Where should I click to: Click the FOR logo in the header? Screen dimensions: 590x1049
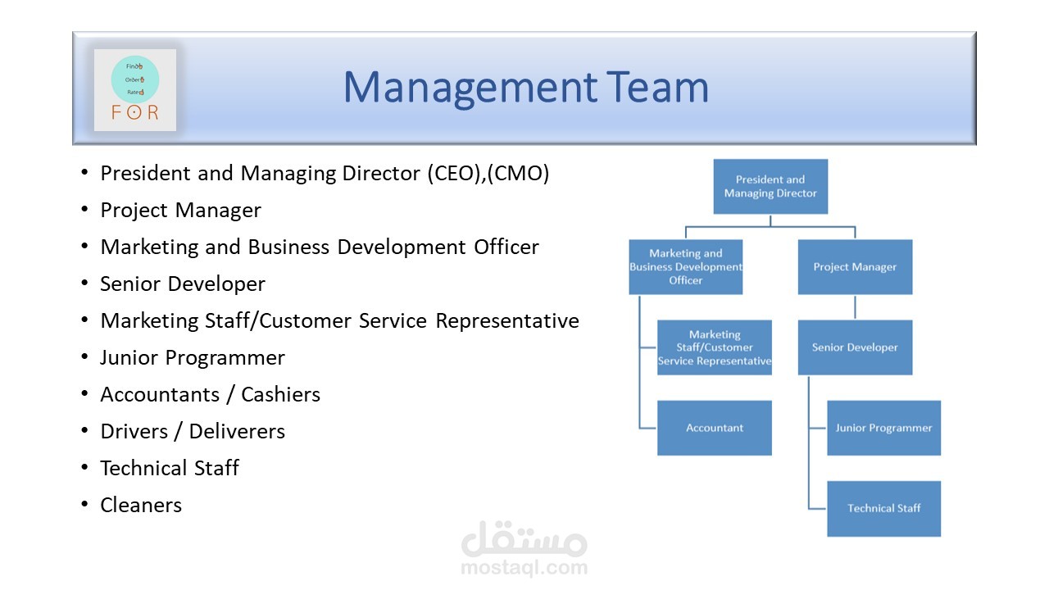tap(135, 90)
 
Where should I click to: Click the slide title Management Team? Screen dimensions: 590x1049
tap(525, 87)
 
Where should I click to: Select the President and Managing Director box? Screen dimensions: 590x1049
tap(770, 187)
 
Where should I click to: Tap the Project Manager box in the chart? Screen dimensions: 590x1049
tap(855, 267)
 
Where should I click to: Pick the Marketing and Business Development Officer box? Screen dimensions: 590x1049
tap(686, 267)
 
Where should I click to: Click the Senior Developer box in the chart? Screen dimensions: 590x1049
tap(855, 347)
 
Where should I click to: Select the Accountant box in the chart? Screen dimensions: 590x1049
tap(715, 428)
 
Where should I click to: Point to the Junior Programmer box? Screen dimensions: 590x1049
tap(883, 428)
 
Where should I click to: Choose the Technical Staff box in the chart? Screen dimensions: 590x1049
tap(883, 508)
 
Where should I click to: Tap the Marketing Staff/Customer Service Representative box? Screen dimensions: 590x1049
tap(715, 347)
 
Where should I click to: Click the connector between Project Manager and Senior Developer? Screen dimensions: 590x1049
tap(855, 307)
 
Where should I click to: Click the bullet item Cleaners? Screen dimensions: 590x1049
tap(141, 506)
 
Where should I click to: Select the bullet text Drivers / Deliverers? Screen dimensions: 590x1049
tap(193, 432)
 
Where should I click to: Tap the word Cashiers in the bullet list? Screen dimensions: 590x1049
tap(280, 395)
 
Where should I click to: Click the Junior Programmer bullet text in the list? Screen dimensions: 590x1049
tap(193, 358)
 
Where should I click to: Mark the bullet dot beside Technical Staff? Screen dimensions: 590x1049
tap(84, 468)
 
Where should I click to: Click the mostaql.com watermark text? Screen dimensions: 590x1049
tap(524, 567)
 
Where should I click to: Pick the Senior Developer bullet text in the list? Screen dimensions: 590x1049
tap(183, 284)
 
